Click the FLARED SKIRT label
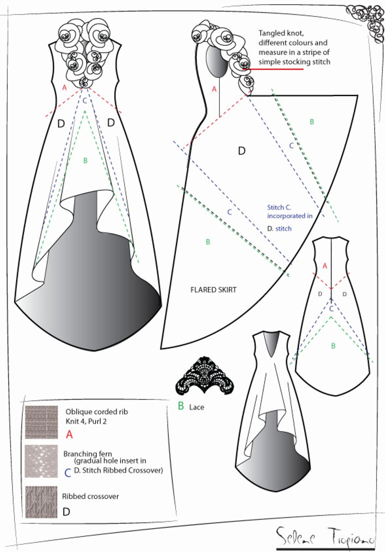coord(213,290)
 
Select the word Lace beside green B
coord(197,407)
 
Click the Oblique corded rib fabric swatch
coord(41,422)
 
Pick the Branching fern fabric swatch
coord(41,461)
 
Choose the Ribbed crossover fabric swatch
coord(41,502)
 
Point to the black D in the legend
coord(67,512)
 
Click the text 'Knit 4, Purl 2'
coord(86,422)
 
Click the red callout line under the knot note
coord(273,69)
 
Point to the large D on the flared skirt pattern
coord(242,151)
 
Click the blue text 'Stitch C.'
coord(279,208)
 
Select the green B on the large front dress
coord(85,161)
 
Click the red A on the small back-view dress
coord(325,266)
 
